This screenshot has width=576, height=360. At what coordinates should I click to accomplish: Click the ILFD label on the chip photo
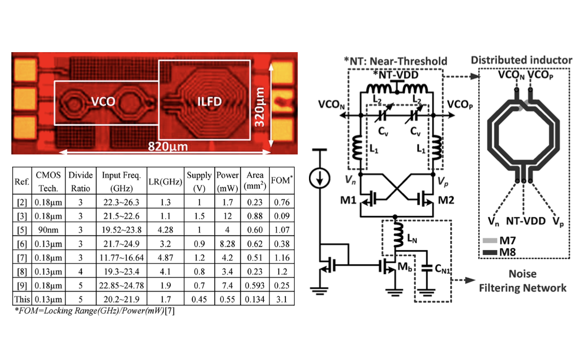pyautogui.click(x=210, y=102)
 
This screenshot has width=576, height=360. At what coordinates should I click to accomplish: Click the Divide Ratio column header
pyautogui.click(x=80, y=182)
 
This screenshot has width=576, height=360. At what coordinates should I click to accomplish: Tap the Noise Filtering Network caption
pyautogui.click(x=522, y=281)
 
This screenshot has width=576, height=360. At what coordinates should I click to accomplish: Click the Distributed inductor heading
pyautogui.click(x=521, y=60)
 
